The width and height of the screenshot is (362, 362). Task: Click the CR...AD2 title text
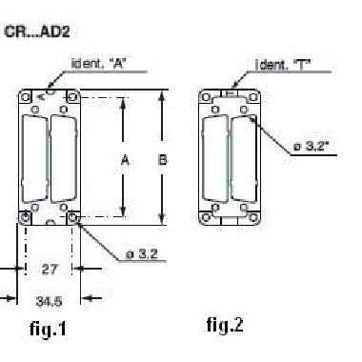click(x=37, y=32)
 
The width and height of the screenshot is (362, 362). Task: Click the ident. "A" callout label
click(x=99, y=64)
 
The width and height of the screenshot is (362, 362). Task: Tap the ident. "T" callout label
click(x=283, y=65)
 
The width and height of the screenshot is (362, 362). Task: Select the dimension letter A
click(x=126, y=160)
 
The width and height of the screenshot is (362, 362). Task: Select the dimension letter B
click(x=162, y=160)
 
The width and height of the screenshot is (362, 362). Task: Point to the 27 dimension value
click(x=50, y=270)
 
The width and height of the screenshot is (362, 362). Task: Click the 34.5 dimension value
click(x=49, y=301)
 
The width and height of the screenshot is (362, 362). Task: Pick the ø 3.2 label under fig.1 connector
click(x=142, y=254)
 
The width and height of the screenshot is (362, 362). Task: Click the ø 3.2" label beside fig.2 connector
click(x=311, y=147)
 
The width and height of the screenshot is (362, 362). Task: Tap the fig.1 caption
click(x=49, y=329)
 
